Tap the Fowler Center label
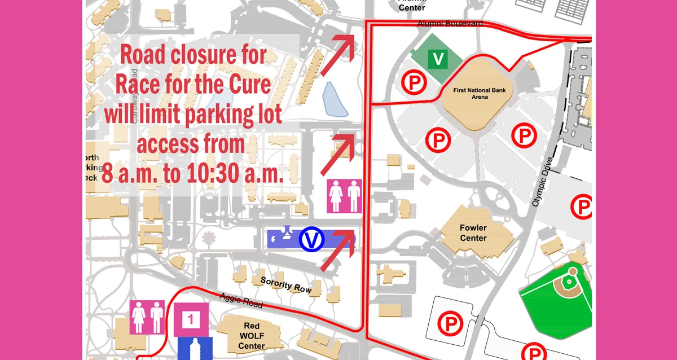pyautogui.click(x=473, y=233)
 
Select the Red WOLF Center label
pyautogui.click(x=252, y=336)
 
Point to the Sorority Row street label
pyautogui.click(x=285, y=284)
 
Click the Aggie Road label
pyautogui.click(x=241, y=301)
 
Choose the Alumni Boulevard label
pyautogui.click(x=450, y=24)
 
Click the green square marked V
pyautogui.click(x=438, y=59)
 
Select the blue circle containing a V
pyautogui.click(x=311, y=239)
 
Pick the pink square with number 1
pyautogui.click(x=191, y=319)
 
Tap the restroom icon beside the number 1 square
pyautogui.click(x=147, y=317)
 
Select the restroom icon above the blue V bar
pyautogui.click(x=345, y=196)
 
